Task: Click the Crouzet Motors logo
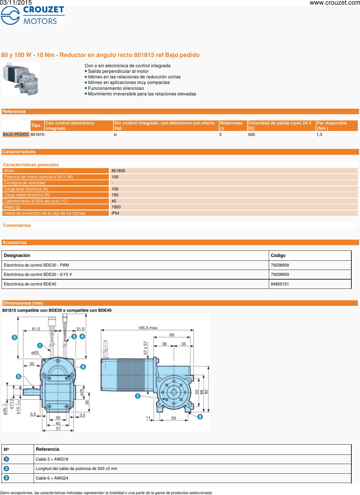pyautogui.click(x=32, y=15)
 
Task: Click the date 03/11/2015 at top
pyautogui.click(x=16, y=3)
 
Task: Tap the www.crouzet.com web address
pyautogui.click(x=334, y=3)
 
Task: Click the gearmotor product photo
pyautogui.click(x=20, y=79)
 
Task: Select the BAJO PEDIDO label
pyautogui.click(x=16, y=135)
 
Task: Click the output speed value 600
pyautogui.click(x=251, y=135)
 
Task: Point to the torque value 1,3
pyautogui.click(x=319, y=135)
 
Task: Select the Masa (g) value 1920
pyautogui.click(x=116, y=207)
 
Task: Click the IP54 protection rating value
pyautogui.click(x=115, y=213)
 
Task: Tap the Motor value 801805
pyautogui.click(x=118, y=171)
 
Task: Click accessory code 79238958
pyautogui.click(x=280, y=265)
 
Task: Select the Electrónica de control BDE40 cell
pyautogui.click(x=30, y=284)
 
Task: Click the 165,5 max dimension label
pyautogui.click(x=148, y=328)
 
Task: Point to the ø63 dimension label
pyautogui.click(x=35, y=353)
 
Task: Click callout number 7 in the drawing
pyautogui.click(x=138, y=396)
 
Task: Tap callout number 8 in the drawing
pyautogui.click(x=200, y=417)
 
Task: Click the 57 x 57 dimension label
pyautogui.click(x=145, y=348)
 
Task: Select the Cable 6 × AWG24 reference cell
pyautogui.click(x=52, y=478)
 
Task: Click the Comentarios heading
pyautogui.click(x=17, y=226)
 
